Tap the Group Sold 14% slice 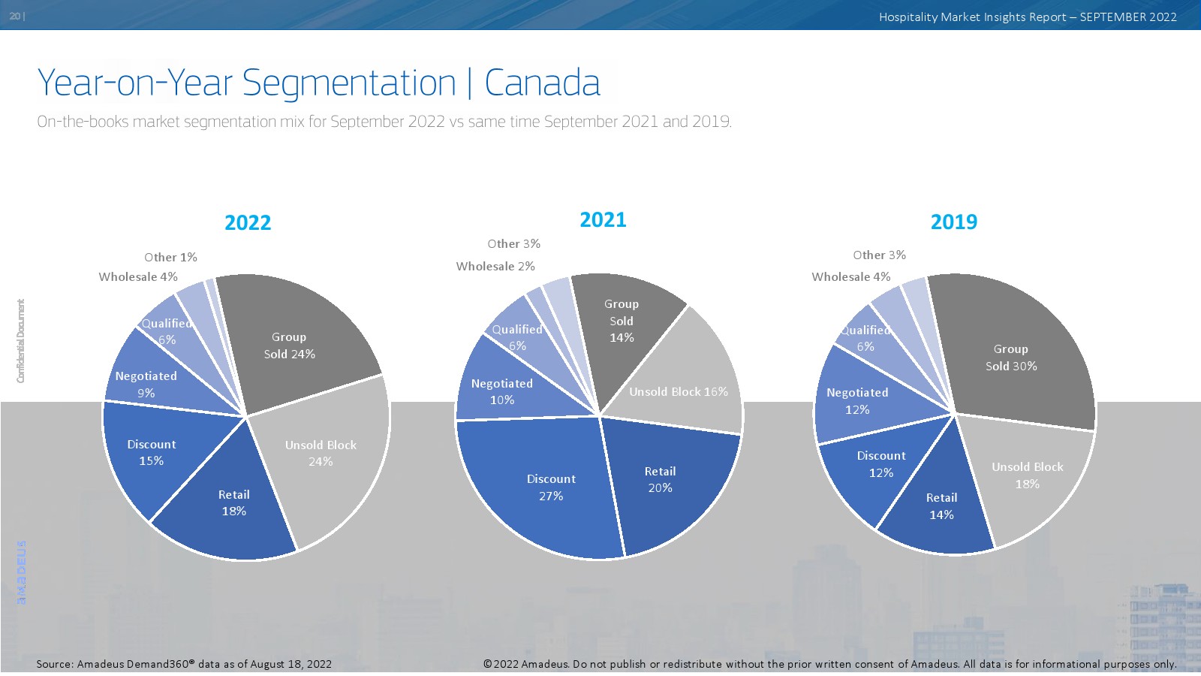coord(622,323)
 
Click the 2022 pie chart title coord(248,222)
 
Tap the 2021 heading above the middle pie coord(603,219)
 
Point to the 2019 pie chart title coord(954,222)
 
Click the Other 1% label coord(170,258)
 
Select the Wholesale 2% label coord(495,267)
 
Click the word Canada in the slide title coord(542,83)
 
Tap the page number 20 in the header coord(15,16)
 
